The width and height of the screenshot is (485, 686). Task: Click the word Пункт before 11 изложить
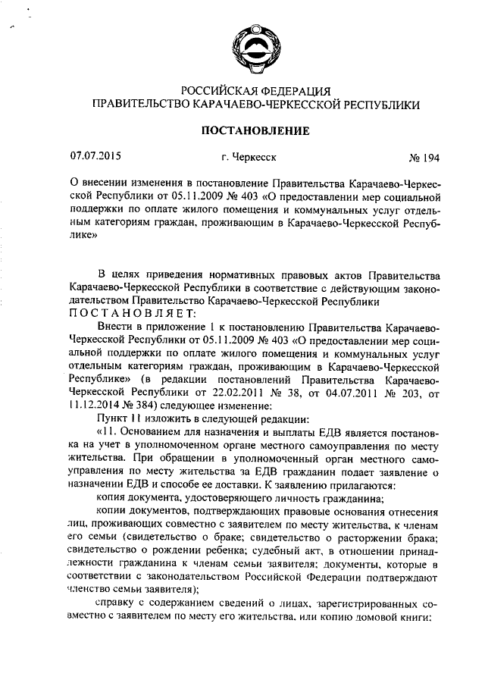pos(113,418)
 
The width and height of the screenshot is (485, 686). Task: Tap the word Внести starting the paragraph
pos(114,326)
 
